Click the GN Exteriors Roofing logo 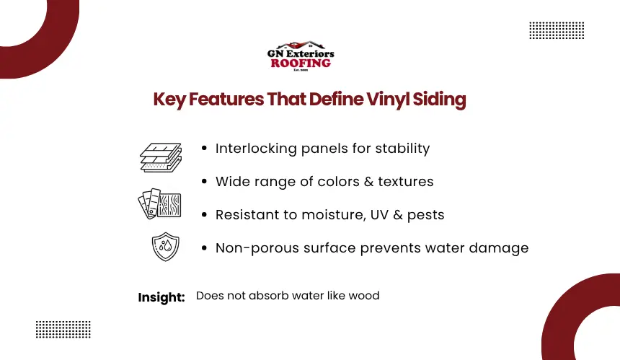301,56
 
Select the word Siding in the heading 439,100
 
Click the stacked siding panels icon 161,157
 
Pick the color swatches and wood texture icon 159,203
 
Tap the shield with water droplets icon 166,247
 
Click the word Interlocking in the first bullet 256,149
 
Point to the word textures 406,182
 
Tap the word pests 425,215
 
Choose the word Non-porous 257,248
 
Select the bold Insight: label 161,297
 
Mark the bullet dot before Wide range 204,182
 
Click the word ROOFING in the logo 301,63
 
